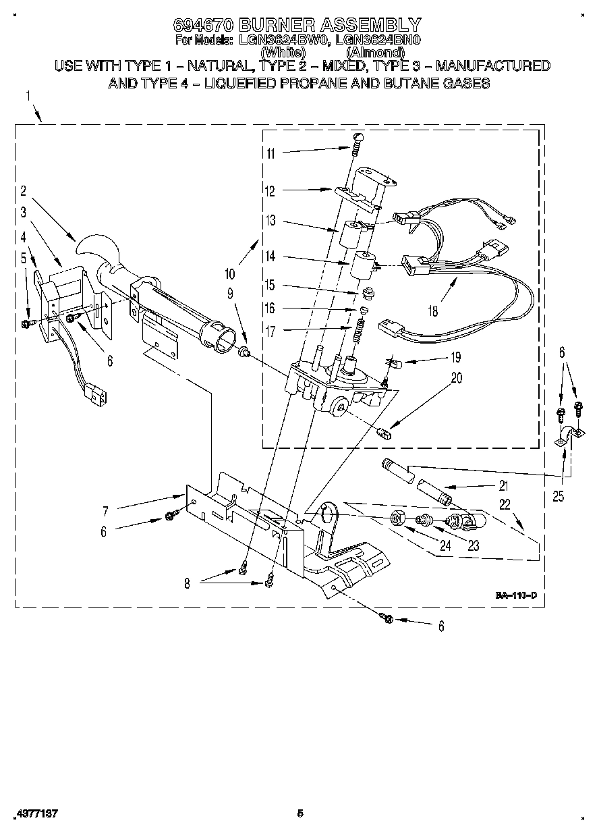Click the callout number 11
[270, 153]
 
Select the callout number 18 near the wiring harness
[432, 311]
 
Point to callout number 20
[457, 378]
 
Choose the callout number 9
[230, 294]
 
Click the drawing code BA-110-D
[516, 595]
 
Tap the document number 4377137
[35, 813]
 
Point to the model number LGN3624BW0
[282, 40]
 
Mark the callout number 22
[505, 504]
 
